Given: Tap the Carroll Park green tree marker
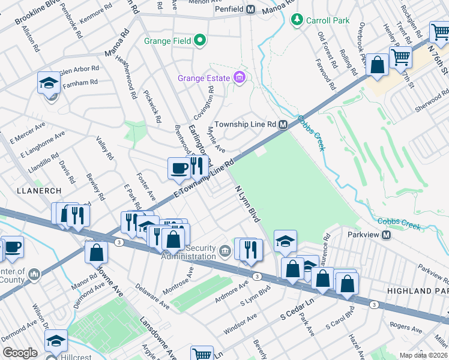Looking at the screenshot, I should [296, 20].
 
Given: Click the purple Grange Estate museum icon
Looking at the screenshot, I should [240, 78].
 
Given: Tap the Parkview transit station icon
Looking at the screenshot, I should [386, 234].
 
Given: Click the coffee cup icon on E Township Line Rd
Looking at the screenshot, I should [179, 167].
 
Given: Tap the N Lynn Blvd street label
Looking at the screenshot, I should [247, 204].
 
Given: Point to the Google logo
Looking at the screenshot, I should [20, 353].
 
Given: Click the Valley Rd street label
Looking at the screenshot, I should [104, 148].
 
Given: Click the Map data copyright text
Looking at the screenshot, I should [423, 355].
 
